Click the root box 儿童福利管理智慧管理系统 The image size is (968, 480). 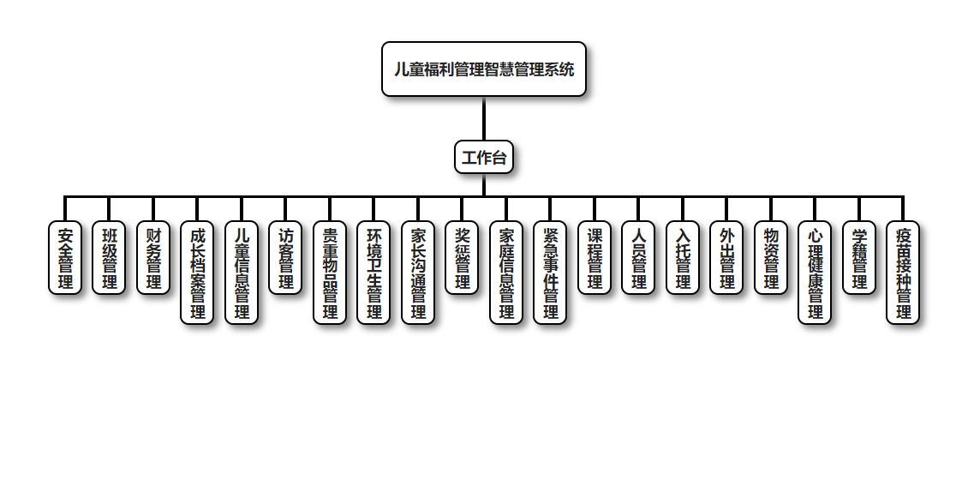(484, 69)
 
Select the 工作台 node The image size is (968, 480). (484, 157)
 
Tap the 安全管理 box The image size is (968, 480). (65, 258)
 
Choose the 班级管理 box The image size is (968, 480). (109, 258)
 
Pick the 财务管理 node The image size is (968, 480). (153, 258)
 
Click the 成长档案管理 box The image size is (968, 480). (197, 273)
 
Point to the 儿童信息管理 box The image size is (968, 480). (242, 273)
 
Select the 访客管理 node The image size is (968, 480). (285, 258)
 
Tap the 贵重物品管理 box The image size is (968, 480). (330, 273)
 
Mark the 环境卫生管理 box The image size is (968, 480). (373, 273)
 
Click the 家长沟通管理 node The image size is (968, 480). (418, 273)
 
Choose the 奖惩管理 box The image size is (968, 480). (462, 258)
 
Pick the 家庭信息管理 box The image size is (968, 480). (506, 273)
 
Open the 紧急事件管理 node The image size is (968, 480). (550, 273)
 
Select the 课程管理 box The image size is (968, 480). (595, 258)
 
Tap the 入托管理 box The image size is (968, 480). (683, 258)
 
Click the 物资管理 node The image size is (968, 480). (771, 258)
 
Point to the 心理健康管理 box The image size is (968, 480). (815, 273)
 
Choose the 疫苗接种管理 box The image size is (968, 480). (903, 273)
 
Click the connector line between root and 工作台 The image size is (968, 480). (484, 118)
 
